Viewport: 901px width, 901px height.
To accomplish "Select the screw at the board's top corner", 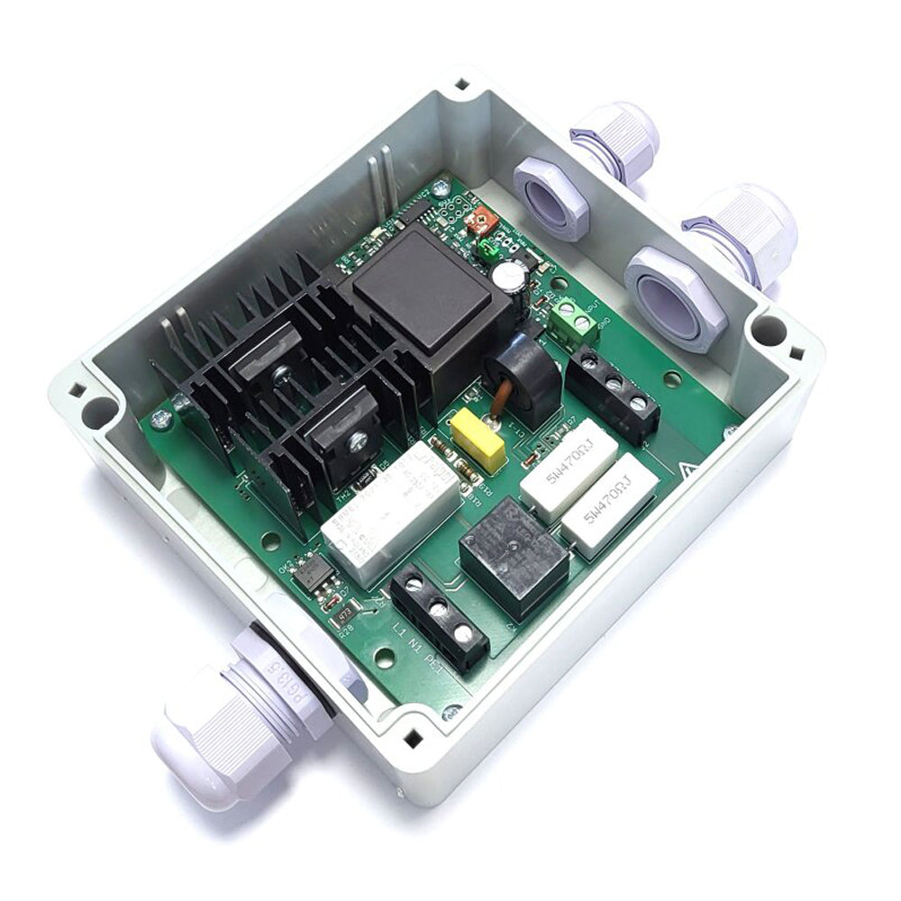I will (x=439, y=190).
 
